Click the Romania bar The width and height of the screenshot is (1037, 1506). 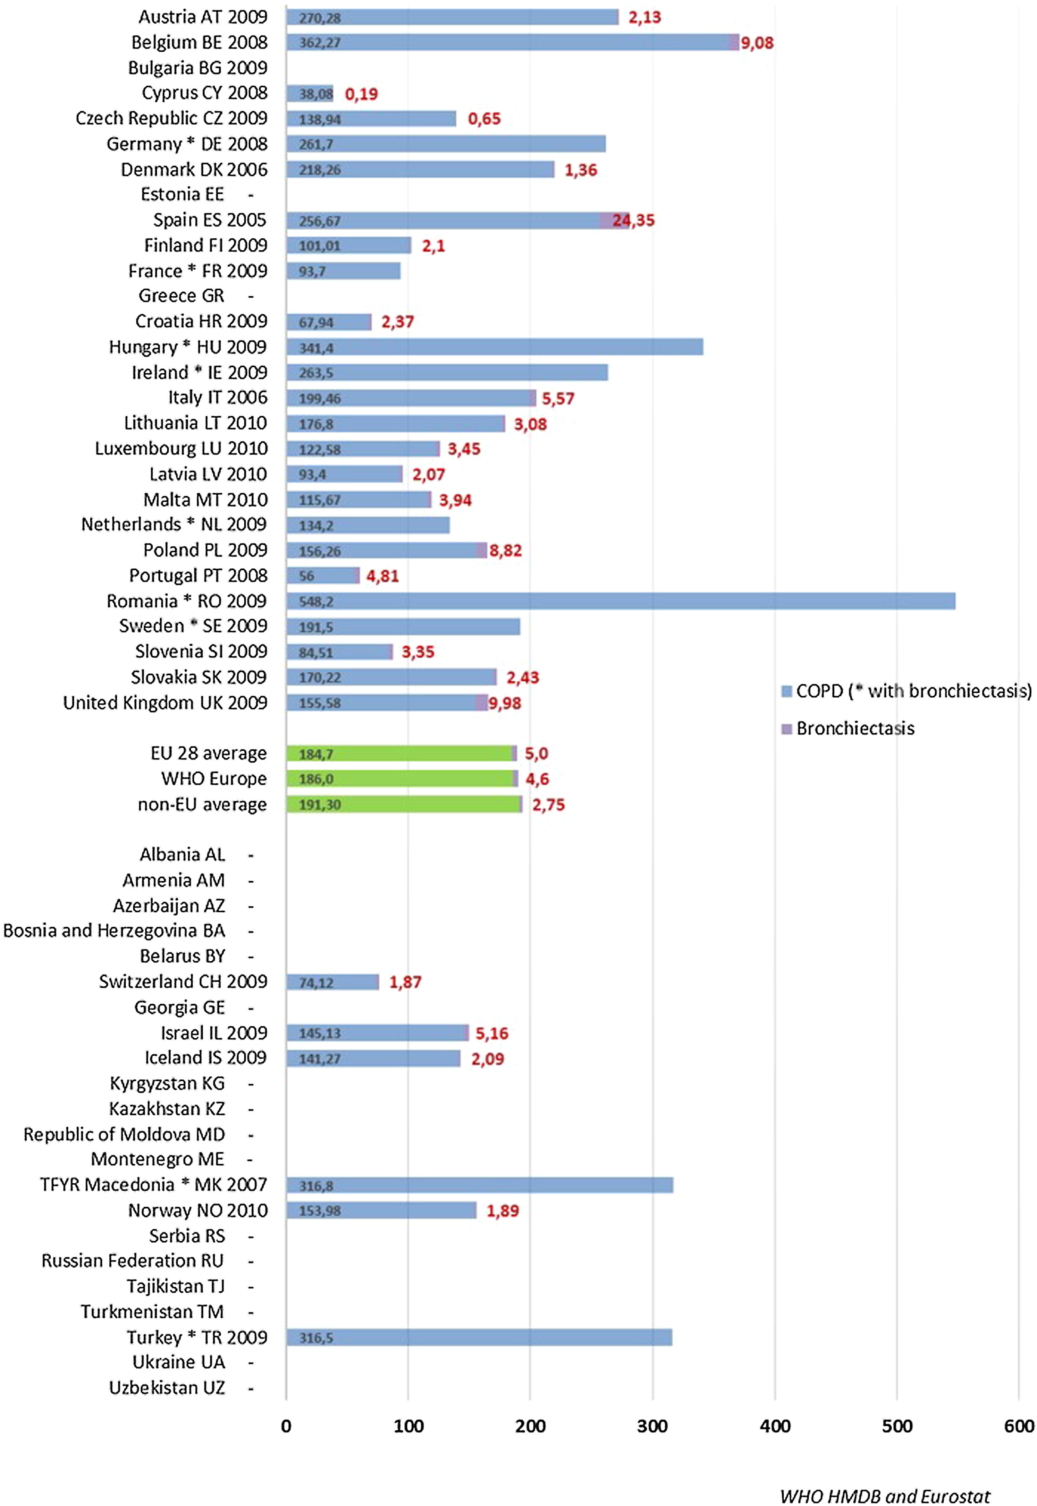621,601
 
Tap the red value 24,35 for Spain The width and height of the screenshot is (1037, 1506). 633,220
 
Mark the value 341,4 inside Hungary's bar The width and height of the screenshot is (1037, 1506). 317,348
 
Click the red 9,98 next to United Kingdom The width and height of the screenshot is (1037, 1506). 505,703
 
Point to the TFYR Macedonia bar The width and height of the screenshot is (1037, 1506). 480,1185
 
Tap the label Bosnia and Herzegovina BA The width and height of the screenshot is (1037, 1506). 115,930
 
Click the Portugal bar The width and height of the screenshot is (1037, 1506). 322,576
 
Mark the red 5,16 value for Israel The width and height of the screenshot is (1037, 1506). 492,1033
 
